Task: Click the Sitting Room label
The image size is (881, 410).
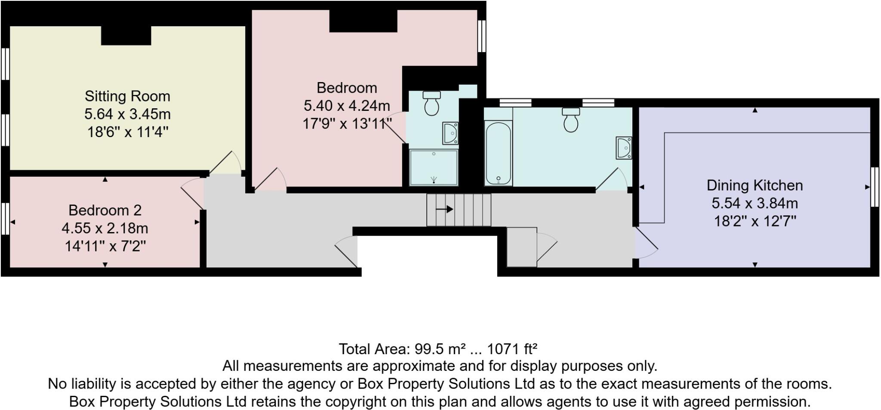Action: point(127,96)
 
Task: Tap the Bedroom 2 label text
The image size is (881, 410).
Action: point(105,210)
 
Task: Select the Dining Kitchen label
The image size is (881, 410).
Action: point(755,185)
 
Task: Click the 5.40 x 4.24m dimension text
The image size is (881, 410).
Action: point(347,105)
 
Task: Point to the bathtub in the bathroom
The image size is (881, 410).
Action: point(498,153)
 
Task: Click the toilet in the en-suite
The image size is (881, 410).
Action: point(431,103)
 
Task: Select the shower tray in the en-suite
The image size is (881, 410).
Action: point(434,168)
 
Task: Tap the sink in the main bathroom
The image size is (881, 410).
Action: point(623,147)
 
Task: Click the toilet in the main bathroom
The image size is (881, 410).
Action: point(571,119)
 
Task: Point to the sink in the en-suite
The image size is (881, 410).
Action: point(450,133)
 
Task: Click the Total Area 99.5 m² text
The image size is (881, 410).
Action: point(438,349)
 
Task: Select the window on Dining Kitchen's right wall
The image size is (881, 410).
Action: point(875,187)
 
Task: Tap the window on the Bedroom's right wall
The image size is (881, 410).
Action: point(482,36)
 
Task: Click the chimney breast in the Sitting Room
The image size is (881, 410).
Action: point(126,35)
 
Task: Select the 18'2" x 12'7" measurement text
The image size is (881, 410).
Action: point(755,221)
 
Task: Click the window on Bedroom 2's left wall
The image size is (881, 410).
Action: point(5,219)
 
